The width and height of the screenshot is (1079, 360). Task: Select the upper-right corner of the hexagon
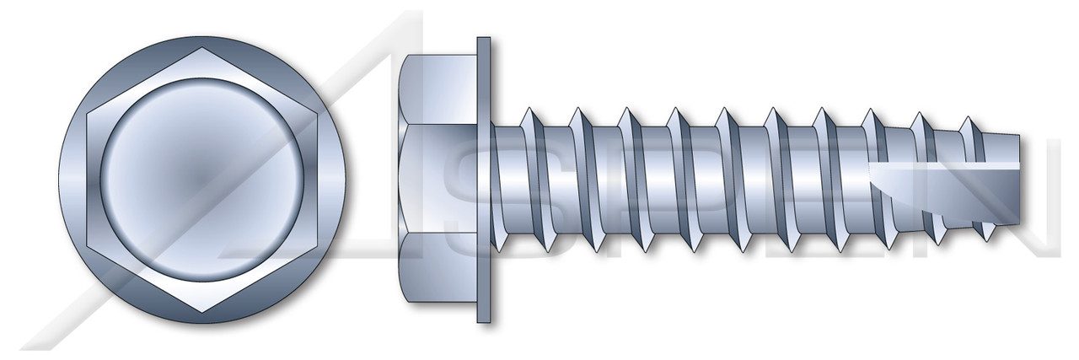point(313,113)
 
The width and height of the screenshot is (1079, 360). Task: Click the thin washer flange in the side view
point(484,180)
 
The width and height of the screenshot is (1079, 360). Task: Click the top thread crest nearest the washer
point(529,110)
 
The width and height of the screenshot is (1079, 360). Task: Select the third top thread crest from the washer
point(626,110)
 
